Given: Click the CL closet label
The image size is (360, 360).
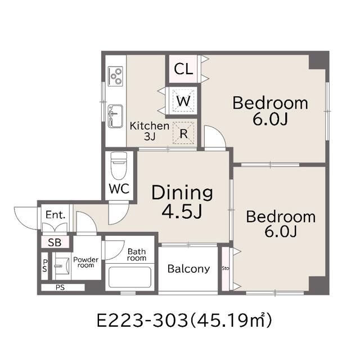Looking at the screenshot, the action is pyautogui.click(x=183, y=69).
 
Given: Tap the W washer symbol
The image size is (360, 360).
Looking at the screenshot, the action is pyautogui.click(x=183, y=101).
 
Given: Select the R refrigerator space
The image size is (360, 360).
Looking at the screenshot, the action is pyautogui.click(x=183, y=133).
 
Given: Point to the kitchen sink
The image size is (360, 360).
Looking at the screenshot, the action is pyautogui.click(x=115, y=116).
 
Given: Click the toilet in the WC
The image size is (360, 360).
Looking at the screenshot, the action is pyautogui.click(x=119, y=165).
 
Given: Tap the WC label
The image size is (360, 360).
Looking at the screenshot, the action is pyautogui.click(x=119, y=189).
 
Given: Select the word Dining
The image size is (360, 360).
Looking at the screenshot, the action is pyautogui.click(x=182, y=193).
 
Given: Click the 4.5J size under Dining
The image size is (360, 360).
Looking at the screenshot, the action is pyautogui.click(x=182, y=211).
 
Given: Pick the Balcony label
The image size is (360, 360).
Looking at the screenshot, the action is pyautogui.click(x=188, y=269).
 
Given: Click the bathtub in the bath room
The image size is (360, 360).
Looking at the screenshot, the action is pyautogui.click(x=130, y=277).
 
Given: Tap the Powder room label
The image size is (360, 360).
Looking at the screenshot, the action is pyautogui.click(x=86, y=263).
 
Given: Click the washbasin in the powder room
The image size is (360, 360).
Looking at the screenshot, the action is pyautogui.click(x=61, y=266).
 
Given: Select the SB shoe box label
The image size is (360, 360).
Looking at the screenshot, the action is pyautogui.click(x=55, y=242).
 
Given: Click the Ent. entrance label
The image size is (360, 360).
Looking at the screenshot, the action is pyautogui.click(x=56, y=215).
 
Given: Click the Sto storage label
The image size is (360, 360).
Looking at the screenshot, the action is pyautogui.click(x=226, y=268).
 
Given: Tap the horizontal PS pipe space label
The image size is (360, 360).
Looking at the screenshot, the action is pyautogui.click(x=60, y=287).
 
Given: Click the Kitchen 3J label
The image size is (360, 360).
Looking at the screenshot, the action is pyautogui.click(x=150, y=131).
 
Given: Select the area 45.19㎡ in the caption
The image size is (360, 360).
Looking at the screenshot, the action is pyautogui.click(x=231, y=320).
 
